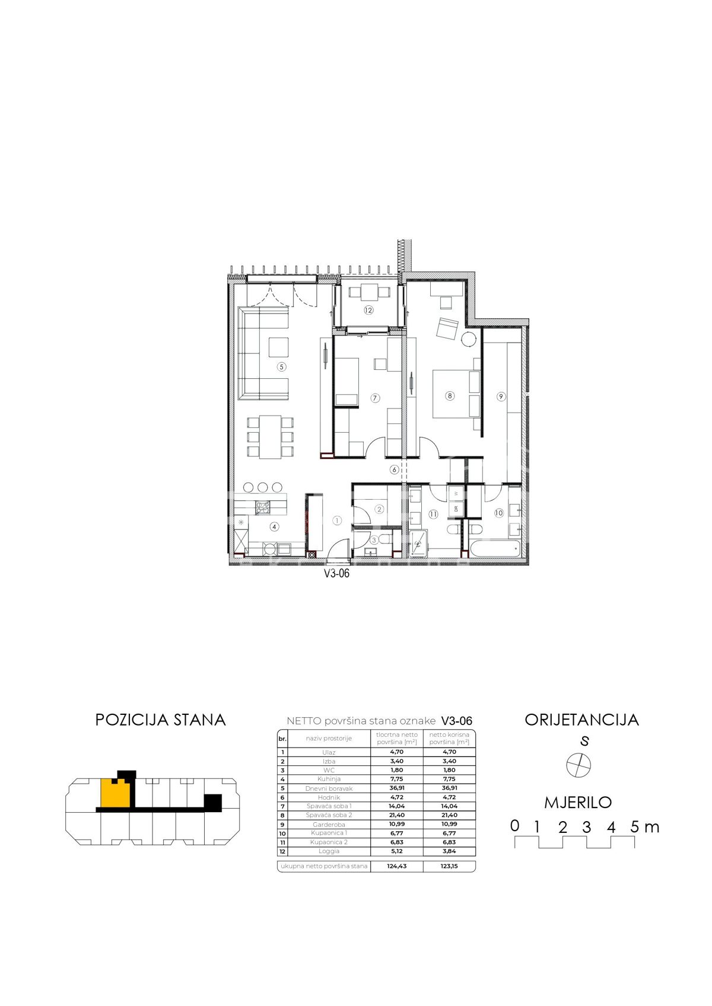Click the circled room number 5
click(x=281, y=367)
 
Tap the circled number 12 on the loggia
click(x=368, y=310)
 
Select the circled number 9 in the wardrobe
click(x=501, y=397)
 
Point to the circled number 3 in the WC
click(x=374, y=540)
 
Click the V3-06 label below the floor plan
click(x=336, y=573)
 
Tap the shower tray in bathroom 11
click(x=418, y=544)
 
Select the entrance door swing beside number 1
click(x=338, y=548)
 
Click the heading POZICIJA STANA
click(x=160, y=720)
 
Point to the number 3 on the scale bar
click(x=586, y=827)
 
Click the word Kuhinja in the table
click(x=329, y=779)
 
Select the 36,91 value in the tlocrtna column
click(x=397, y=788)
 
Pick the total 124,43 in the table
click(x=396, y=866)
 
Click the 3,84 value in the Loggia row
click(x=449, y=851)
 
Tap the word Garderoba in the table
click(x=329, y=825)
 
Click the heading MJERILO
click(x=578, y=803)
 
